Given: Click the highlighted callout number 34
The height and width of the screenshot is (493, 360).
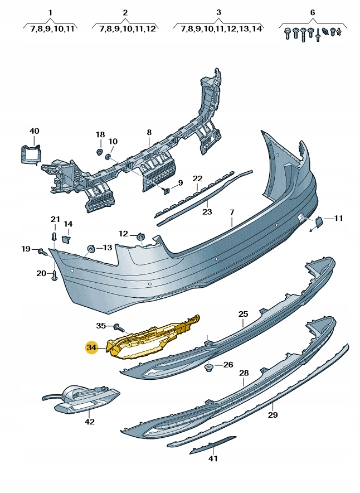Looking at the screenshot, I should point(91,347).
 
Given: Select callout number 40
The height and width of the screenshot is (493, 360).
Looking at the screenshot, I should point(35,131).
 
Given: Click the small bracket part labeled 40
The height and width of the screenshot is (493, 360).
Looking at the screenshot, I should point(31,153).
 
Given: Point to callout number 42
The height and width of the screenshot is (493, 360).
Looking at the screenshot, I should point(90,422).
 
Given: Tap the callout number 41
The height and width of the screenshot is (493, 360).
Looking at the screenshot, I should point(213,458).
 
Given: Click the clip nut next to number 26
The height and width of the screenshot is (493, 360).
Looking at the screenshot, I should point(210,367).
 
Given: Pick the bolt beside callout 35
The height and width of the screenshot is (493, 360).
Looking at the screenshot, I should point(119,326).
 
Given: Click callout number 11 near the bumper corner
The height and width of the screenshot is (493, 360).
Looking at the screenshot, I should point(338,218).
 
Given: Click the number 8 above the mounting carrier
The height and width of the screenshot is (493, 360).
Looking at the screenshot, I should point(149,133).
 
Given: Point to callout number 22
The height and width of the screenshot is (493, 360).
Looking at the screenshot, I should point(197,178).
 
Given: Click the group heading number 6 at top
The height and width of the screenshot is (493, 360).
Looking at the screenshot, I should point(313,12).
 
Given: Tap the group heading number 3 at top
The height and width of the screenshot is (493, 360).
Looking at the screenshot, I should point(219,12).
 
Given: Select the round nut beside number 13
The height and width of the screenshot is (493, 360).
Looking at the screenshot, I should point(90,248).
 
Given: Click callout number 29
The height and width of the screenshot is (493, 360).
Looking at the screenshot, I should point(273,414).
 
